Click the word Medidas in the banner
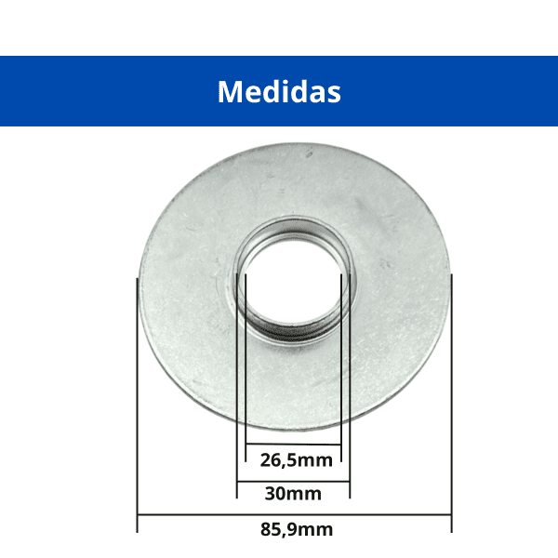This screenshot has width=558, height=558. (x=279, y=92)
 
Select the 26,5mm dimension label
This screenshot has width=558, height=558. (x=296, y=460)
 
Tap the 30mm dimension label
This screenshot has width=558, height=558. (x=293, y=494)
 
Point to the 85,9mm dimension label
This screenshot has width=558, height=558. (x=297, y=529)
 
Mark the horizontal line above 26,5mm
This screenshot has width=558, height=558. (x=293, y=445)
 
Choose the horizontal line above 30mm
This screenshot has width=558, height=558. (x=293, y=482)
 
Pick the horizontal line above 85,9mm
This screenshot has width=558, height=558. (x=294, y=514)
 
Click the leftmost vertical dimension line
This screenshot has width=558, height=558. (x=137, y=405)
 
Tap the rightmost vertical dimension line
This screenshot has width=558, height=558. (x=452, y=404)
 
